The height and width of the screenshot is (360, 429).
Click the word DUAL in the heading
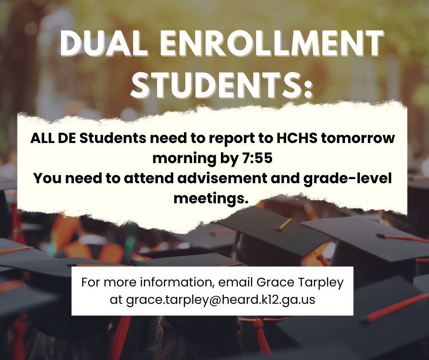[102, 43]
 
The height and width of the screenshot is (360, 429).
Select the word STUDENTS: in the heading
[221, 85]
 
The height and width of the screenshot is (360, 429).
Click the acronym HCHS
[297, 138]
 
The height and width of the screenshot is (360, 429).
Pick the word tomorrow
[358, 138]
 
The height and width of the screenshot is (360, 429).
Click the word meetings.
[211, 199]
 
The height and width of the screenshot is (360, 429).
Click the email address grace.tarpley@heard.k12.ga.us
[220, 300]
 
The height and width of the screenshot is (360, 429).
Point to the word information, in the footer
[177, 282]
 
